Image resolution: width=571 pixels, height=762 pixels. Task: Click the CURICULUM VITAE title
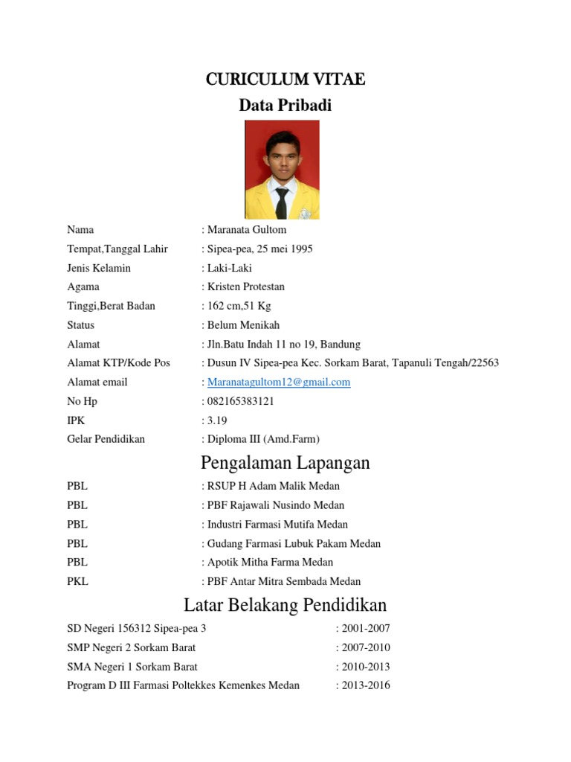(x=285, y=80)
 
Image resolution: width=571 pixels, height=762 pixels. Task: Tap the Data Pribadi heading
(x=285, y=106)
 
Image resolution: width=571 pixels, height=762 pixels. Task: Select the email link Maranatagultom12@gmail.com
(x=279, y=382)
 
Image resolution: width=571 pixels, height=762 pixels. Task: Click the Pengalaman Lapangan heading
(x=285, y=463)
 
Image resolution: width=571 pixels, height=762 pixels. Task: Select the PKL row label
(x=77, y=582)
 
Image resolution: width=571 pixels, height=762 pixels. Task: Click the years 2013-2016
(x=365, y=685)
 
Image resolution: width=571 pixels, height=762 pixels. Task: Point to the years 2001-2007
(x=365, y=629)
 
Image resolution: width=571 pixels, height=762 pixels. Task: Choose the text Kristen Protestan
(x=246, y=287)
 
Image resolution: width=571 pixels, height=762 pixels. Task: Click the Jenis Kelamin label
(x=99, y=268)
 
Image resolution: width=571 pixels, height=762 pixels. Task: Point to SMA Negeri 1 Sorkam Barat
(x=132, y=667)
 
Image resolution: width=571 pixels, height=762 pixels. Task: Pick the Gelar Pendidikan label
(x=106, y=439)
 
